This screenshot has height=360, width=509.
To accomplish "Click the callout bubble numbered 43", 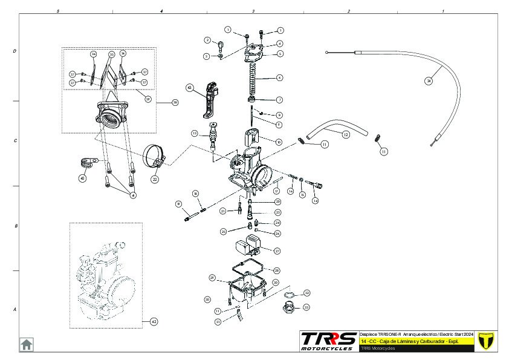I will tap(190, 88).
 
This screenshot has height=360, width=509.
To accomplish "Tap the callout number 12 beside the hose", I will tap(346, 134).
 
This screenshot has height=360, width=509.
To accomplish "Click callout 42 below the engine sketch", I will tap(154, 322).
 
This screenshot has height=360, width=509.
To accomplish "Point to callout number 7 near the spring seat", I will tap(279, 99).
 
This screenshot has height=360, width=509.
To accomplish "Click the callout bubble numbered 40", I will tap(82, 178).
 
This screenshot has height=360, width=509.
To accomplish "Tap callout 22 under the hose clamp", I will tap(155, 179).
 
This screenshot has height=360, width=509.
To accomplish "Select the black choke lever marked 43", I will tap(210, 100).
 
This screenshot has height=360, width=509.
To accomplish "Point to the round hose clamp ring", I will tap(155, 156).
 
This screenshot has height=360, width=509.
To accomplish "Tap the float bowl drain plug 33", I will tap(288, 307).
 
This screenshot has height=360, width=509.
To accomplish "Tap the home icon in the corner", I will tap(27, 344).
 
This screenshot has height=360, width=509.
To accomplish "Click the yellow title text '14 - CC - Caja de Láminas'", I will tap(409, 341).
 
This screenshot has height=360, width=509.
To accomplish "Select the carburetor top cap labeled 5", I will tap(254, 53).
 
